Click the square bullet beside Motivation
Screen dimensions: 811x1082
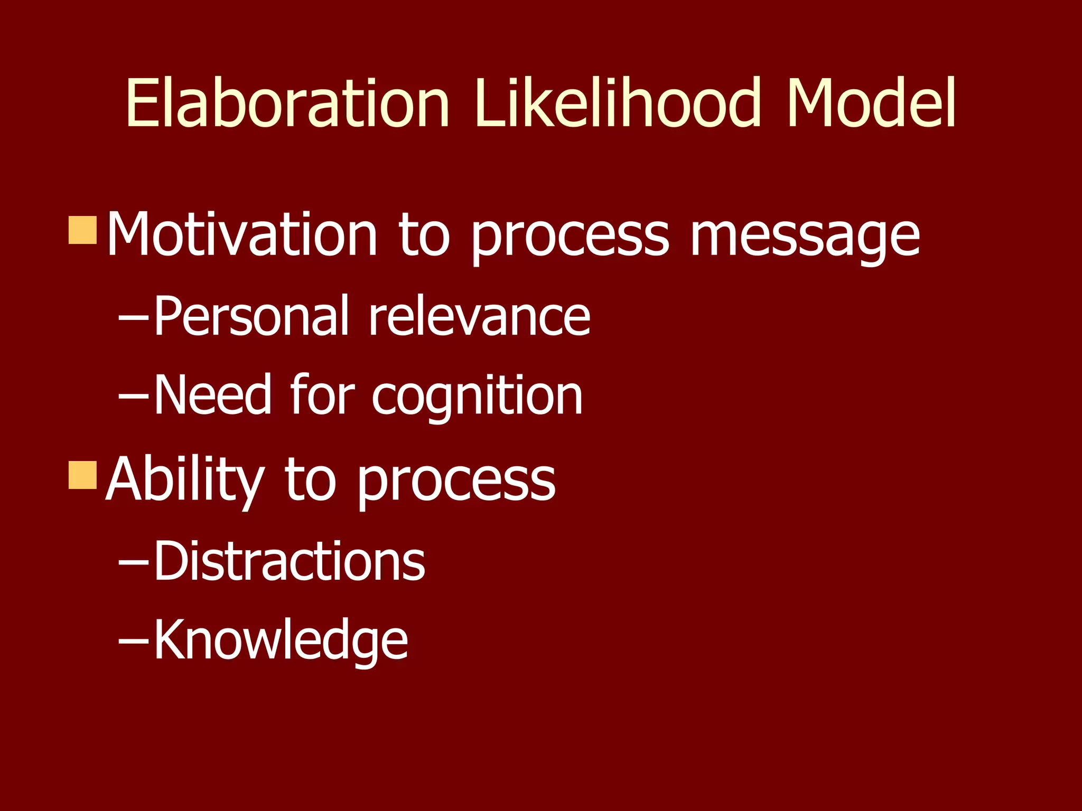coord(83,230)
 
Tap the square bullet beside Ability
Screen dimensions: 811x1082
coord(83,475)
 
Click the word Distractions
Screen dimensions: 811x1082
coord(290,561)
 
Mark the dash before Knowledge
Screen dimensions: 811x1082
coord(134,641)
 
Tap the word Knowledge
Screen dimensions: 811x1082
coord(281,640)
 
